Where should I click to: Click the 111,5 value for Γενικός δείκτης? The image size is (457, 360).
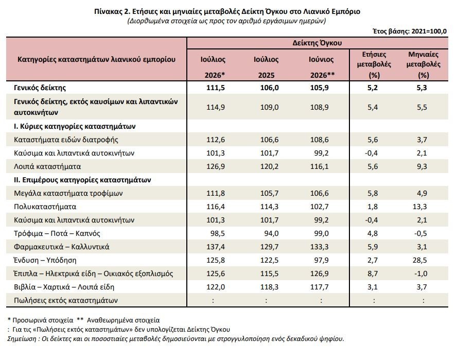click(216, 88)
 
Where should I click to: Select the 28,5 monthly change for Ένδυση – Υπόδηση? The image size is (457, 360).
click(419, 260)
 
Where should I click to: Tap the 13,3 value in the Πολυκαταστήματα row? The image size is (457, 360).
click(419, 207)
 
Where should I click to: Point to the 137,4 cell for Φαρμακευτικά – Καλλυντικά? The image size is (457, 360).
click(216, 247)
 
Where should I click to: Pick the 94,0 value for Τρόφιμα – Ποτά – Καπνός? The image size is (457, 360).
click(271, 233)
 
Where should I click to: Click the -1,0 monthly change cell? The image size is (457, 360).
click(420, 273)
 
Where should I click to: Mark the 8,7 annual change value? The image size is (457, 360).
click(373, 273)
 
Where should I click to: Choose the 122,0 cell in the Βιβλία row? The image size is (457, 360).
click(216, 287)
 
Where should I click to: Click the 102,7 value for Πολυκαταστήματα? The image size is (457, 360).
click(319, 207)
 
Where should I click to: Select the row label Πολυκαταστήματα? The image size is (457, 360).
click(45, 207)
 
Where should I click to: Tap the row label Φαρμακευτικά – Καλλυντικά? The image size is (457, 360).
click(61, 247)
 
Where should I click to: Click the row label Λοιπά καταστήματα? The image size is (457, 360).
click(47, 166)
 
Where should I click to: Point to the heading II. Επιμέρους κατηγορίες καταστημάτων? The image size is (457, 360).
click(82, 180)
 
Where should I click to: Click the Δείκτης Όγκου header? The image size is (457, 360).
click(317, 43)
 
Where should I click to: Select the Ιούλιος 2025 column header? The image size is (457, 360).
click(266, 67)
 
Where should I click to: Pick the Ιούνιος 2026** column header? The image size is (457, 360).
click(322, 67)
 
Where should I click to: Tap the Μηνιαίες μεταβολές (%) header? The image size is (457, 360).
click(423, 64)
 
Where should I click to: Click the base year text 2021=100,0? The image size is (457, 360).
click(429, 31)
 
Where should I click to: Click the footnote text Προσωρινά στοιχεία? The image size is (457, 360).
click(43, 320)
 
